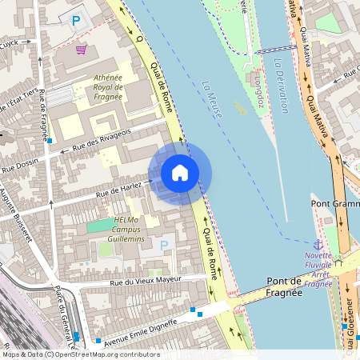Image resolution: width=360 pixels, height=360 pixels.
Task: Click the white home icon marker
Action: point(180,172)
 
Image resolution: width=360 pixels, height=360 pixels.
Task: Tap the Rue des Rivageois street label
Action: point(101,138)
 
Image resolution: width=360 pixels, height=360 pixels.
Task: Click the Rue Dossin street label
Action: point(20,166)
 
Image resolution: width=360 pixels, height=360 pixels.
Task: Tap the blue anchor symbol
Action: point(318,242)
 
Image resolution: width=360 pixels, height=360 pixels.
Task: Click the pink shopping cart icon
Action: point(81,49)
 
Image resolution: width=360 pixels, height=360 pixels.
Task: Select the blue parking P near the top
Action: point(77,21)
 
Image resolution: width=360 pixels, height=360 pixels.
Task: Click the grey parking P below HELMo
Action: point(165,244)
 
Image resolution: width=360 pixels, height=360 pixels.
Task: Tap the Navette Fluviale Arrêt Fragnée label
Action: point(318,270)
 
